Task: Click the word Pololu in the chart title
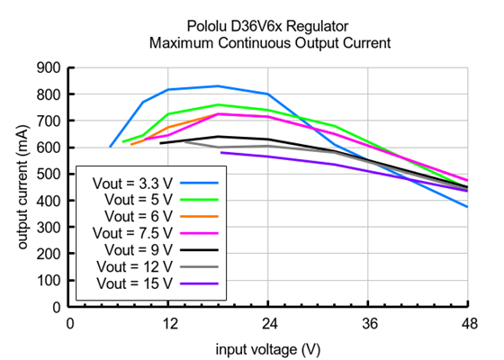click(x=209, y=26)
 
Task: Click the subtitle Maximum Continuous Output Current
click(x=270, y=42)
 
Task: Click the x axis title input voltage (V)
click(x=268, y=347)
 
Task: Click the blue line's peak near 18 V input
click(x=219, y=85)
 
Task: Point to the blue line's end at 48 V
click(x=467, y=207)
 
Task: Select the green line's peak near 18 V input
click(x=219, y=104)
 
